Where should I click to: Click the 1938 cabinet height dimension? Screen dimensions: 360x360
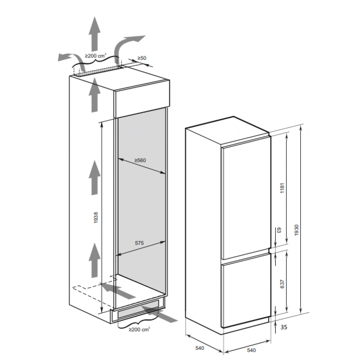pyautogui.click(x=96, y=217)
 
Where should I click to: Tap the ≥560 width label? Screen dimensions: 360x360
pyautogui.click(x=140, y=160)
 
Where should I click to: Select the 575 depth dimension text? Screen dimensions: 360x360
pyautogui.click(x=139, y=243)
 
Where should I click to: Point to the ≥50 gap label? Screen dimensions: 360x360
pyautogui.click(x=141, y=58)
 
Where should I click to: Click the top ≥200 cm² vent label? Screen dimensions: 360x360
pyautogui.click(x=96, y=55)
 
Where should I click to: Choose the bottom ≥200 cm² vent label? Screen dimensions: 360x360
pyautogui.click(x=139, y=329)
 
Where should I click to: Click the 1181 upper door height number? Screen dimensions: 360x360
pyautogui.click(x=282, y=188)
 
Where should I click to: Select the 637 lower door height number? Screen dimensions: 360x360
pyautogui.click(x=282, y=284)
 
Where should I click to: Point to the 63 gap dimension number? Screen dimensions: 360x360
pyautogui.click(x=279, y=230)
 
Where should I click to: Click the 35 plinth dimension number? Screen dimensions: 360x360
pyautogui.click(x=284, y=327)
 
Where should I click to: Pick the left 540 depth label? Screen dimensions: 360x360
pyautogui.click(x=199, y=348)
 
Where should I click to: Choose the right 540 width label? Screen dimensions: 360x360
pyautogui.click(x=251, y=350)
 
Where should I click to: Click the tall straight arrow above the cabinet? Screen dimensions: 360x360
pyautogui.click(x=95, y=34)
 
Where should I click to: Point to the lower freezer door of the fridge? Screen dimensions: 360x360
pyautogui.click(x=246, y=292)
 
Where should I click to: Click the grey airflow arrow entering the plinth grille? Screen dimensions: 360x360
pyautogui.click(x=158, y=314)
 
